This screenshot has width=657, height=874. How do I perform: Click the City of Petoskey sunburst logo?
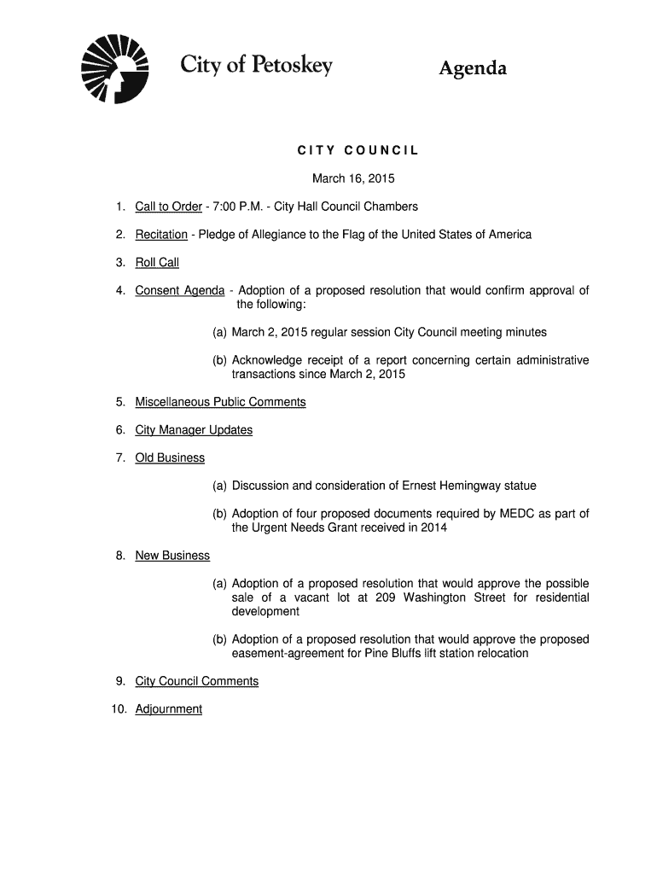pyautogui.click(x=113, y=67)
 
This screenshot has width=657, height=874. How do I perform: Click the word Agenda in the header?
pyautogui.click(x=473, y=68)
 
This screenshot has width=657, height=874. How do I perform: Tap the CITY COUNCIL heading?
pyautogui.click(x=358, y=151)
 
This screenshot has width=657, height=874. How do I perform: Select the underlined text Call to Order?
pyautogui.click(x=168, y=207)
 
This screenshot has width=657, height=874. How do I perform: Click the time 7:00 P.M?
pyautogui.click(x=235, y=207)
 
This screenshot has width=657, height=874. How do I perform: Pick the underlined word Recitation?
pyautogui.click(x=161, y=235)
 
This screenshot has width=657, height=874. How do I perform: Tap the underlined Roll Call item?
pyautogui.click(x=157, y=263)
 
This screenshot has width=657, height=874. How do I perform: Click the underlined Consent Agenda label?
pyautogui.click(x=179, y=290)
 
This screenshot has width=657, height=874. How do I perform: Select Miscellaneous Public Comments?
pyautogui.click(x=220, y=402)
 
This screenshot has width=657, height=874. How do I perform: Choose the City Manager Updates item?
pyautogui.click(x=194, y=430)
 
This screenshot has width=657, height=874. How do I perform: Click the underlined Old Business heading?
pyautogui.click(x=170, y=458)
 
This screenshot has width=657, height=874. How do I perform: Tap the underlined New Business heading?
pyautogui.click(x=172, y=556)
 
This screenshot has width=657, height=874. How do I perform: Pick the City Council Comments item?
pyautogui.click(x=196, y=681)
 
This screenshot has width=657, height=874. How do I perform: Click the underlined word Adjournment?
pyautogui.click(x=169, y=709)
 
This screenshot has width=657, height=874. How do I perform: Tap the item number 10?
pyautogui.click(x=119, y=709)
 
